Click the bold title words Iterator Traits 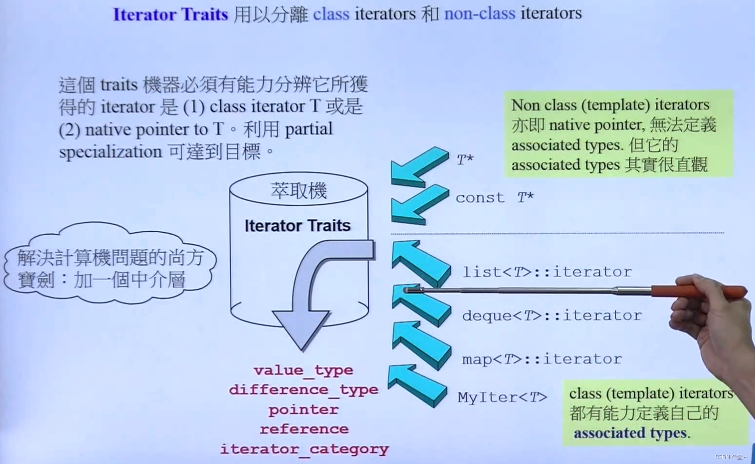[x=170, y=14]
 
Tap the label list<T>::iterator [x=547, y=272]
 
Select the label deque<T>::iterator [x=552, y=316]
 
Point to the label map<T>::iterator [x=542, y=359]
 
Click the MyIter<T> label [x=502, y=397]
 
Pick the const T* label [x=494, y=198]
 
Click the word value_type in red [x=303, y=370]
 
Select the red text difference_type [x=303, y=390]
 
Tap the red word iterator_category [x=304, y=449]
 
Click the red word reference [x=304, y=429]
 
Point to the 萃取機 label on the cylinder [x=298, y=191]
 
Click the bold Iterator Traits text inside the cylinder [x=297, y=225]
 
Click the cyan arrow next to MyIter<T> [x=418, y=385]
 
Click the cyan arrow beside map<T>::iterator [x=421, y=345]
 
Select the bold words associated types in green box [x=630, y=433]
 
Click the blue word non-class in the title [x=480, y=13]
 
